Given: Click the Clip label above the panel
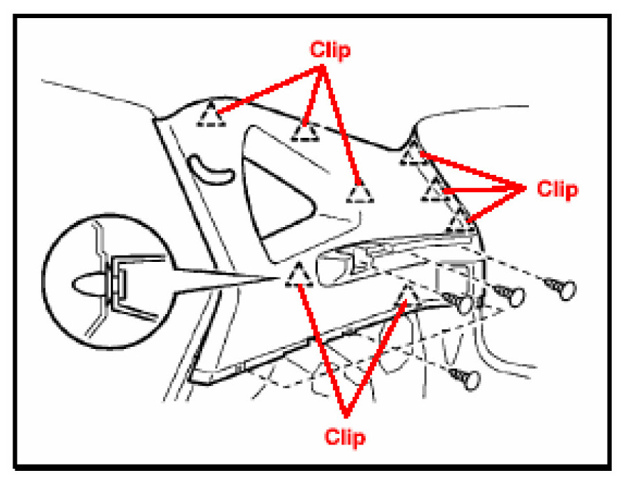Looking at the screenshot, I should point(331,51).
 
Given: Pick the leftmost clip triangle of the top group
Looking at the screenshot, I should point(211,114).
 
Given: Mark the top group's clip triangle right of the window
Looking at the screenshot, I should point(359,192).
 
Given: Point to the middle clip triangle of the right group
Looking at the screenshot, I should point(435,189).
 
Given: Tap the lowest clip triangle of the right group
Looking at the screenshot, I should point(458,222).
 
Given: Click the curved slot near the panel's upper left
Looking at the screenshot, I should point(213,169).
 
